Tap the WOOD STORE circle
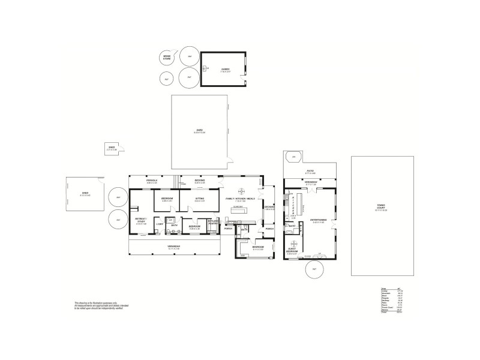pyautogui.click(x=167, y=58)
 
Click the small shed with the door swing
pyautogui.click(x=112, y=149)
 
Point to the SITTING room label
pyautogui.click(x=200, y=199)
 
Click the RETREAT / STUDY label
pyautogui.click(x=141, y=221)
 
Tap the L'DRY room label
pyautogui.click(x=160, y=224)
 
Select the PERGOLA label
pyautogui.click(x=152, y=181)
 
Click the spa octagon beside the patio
pyautogui.click(x=293, y=158)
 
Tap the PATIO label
pyautogui.click(x=310, y=172)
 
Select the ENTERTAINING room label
pyautogui.click(x=319, y=221)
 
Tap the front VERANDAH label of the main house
pyautogui.click(x=174, y=247)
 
